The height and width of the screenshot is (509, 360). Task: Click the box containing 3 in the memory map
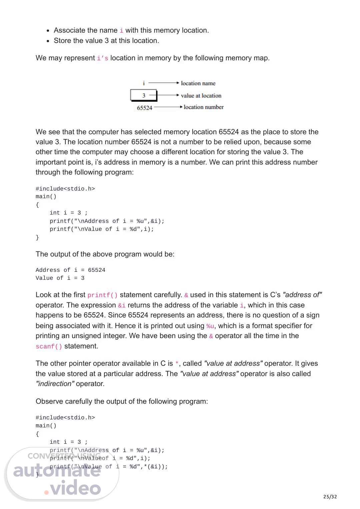tap(143, 95)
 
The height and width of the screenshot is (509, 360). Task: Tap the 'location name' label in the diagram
tap(198, 83)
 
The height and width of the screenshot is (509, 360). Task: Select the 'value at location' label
tap(201, 96)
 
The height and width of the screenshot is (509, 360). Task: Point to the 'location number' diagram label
tap(203, 107)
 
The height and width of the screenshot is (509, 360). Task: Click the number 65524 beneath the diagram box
tap(144, 108)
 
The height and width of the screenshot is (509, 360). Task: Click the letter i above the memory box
tap(144, 83)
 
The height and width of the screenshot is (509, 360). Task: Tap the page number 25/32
tap(330, 497)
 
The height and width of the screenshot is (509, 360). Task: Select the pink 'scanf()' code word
tap(49, 346)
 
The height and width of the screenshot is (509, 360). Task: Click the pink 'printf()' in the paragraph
tap(102, 295)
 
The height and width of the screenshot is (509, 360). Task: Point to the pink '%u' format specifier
tap(210, 326)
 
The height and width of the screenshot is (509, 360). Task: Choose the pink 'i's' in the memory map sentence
tap(102, 58)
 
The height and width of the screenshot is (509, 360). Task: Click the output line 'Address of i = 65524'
tap(70, 270)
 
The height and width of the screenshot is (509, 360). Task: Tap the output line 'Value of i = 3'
tap(60, 278)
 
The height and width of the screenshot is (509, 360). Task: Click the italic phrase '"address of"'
tap(302, 295)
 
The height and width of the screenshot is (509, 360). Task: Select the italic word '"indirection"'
tap(55, 384)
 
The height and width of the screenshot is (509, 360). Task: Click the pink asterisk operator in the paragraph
tap(177, 364)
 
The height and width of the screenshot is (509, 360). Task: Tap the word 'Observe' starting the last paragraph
tap(49, 401)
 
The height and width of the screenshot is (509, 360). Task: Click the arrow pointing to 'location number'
tap(168, 107)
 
